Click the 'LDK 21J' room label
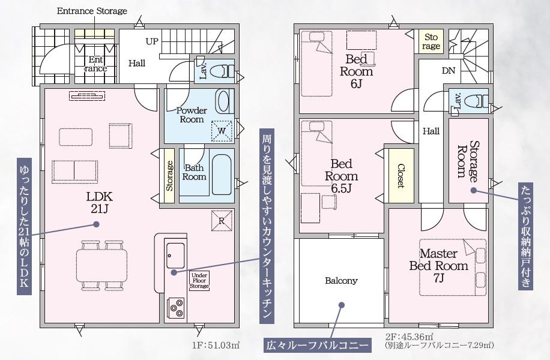coord(100,202)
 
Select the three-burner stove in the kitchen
coord(177,308)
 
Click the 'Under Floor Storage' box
coord(199,280)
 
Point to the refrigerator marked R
coord(222,220)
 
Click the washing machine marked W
coord(222,131)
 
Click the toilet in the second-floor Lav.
coord(476,101)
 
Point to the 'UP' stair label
coord(152,41)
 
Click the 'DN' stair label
coord(449,71)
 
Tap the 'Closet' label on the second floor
coord(401,176)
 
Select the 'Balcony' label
coord(341,280)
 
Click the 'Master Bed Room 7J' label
coord(439,265)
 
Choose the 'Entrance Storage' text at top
coord(92,11)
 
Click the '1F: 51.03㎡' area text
coord(216,345)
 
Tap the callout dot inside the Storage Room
coord(474,190)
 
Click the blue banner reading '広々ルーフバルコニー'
coord(318,345)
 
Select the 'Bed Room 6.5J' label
coord(341,176)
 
